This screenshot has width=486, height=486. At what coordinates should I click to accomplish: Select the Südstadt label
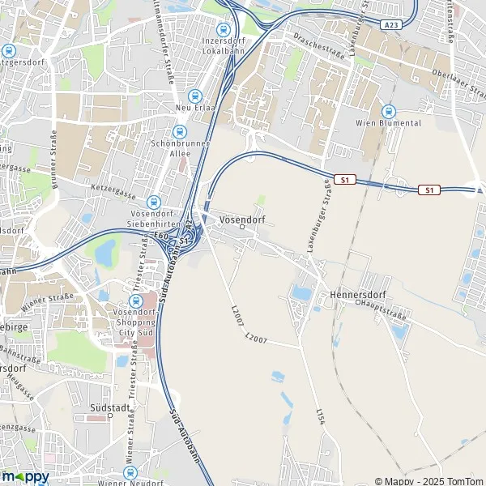[x=112, y=408]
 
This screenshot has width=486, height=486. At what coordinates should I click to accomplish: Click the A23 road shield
[x=393, y=25]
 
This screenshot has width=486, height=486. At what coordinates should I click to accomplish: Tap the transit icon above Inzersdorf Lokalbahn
[x=237, y=28]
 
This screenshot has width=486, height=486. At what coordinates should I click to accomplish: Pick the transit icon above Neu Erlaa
[x=194, y=96]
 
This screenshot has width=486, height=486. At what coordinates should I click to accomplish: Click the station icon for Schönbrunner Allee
[x=180, y=130]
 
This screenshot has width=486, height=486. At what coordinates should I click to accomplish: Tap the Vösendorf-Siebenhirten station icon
[x=153, y=202]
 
